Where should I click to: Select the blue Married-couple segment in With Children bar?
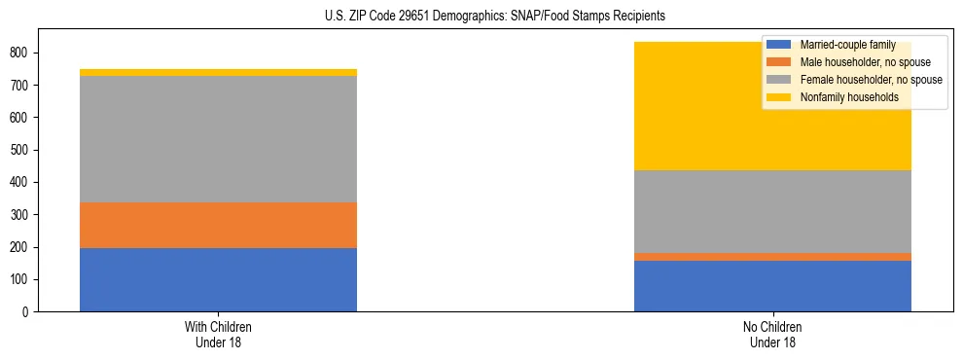click(218, 279)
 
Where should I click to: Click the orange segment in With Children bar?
click(218, 225)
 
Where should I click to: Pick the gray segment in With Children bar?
click(218, 139)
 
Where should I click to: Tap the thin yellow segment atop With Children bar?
click(218, 72)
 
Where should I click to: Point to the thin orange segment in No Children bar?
click(772, 257)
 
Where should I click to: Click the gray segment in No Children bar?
click(772, 211)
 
